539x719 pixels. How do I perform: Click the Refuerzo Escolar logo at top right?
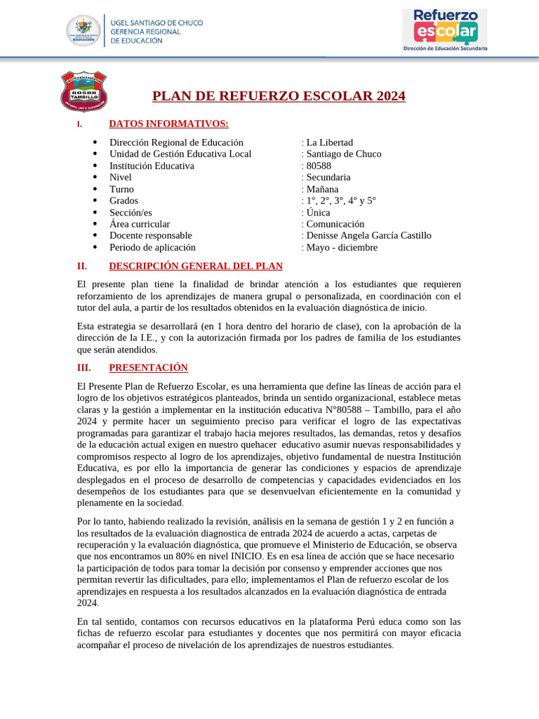coord(444,29)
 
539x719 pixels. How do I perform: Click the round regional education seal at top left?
coord(84,32)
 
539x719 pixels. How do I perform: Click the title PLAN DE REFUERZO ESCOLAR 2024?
coord(279,96)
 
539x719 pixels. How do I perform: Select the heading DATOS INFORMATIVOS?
coord(168,124)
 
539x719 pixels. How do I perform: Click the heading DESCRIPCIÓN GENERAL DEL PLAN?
coord(196,266)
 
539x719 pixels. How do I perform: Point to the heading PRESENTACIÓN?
coord(148,368)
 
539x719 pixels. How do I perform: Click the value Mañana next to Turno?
coord(322,190)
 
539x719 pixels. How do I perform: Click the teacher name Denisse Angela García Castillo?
coord(368,236)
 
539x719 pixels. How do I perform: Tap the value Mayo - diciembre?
coord(342,248)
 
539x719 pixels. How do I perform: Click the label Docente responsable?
coord(150,236)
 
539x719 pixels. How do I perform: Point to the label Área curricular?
coord(140,224)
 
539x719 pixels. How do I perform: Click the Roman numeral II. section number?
coord(81,266)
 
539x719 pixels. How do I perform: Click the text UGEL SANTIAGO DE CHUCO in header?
coord(157,23)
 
